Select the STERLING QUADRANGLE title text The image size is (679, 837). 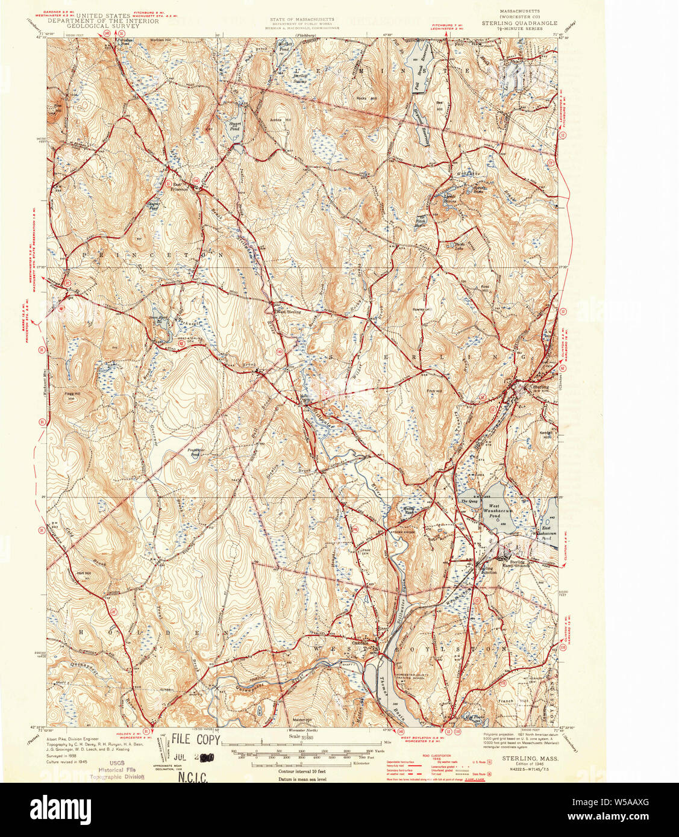click(519, 23)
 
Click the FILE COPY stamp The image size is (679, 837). click(196, 739)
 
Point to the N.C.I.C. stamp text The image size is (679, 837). click(193, 777)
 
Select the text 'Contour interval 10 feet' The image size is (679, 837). click(302, 771)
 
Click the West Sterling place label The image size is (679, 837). click(288, 312)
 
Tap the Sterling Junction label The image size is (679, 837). click(487, 570)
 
